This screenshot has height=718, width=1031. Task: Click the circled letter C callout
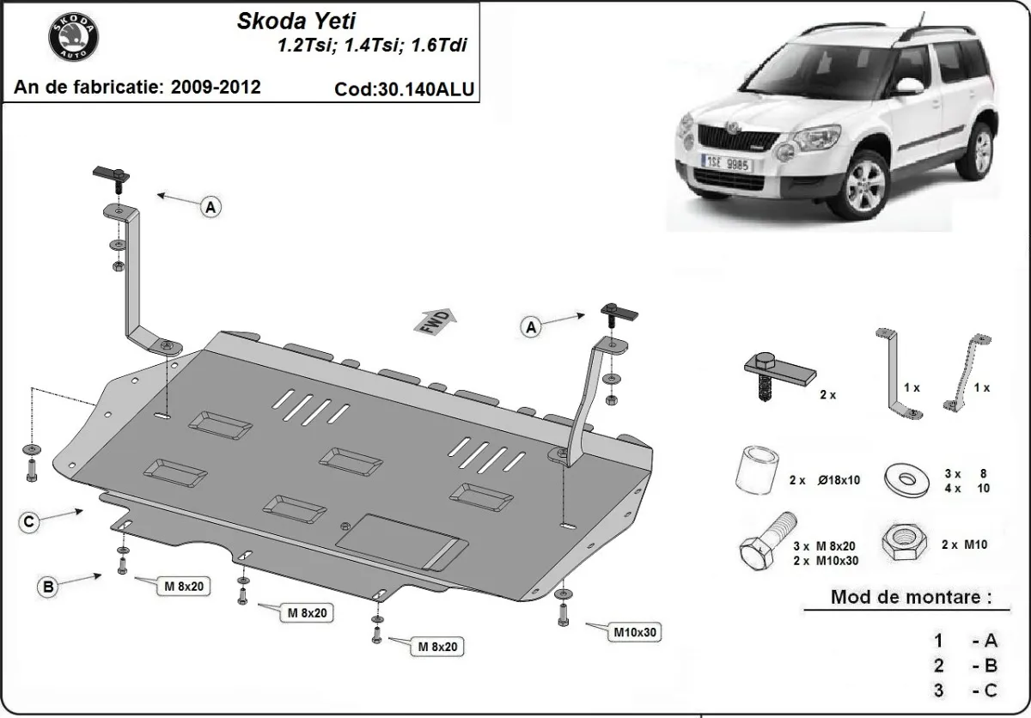29,520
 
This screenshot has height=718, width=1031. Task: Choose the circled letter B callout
49,587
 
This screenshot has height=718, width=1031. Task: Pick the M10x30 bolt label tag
635,633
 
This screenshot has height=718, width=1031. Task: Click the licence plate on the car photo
727,162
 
